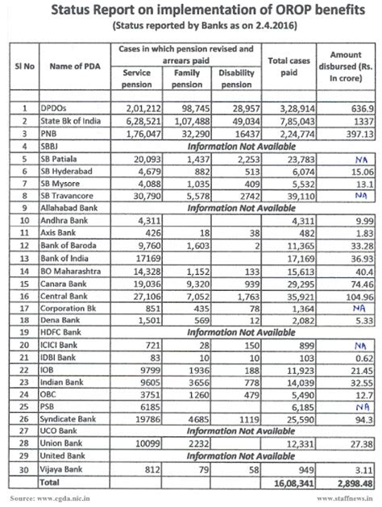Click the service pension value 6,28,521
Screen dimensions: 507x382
[x=145, y=118]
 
